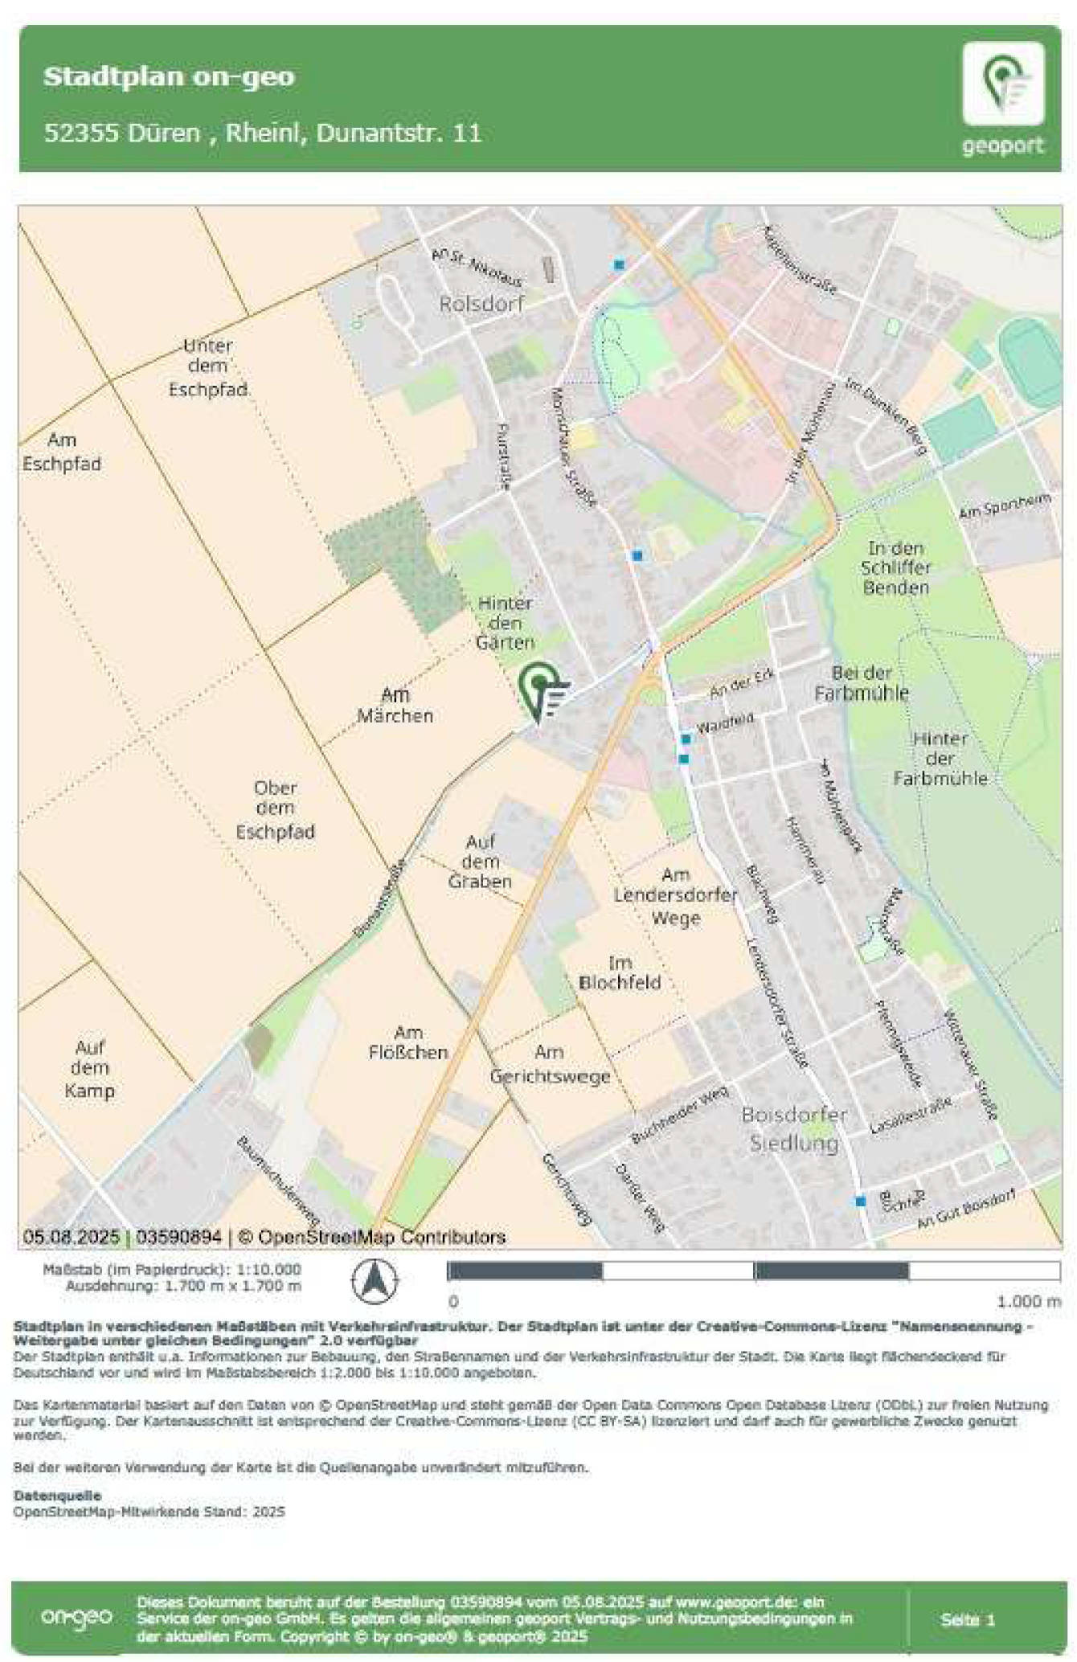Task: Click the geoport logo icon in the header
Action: [x=1003, y=84]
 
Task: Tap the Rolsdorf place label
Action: [x=481, y=304]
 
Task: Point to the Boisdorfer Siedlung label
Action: [x=794, y=1128]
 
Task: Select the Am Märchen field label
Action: [x=395, y=705]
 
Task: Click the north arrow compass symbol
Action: [x=375, y=1280]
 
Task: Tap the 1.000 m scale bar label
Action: [x=1029, y=1301]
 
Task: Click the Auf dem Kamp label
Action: [x=89, y=1069]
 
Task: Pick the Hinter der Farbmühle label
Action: [x=940, y=758]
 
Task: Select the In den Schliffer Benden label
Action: [x=895, y=567]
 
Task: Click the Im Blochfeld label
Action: [x=620, y=972]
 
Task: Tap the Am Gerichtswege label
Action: [x=550, y=1064]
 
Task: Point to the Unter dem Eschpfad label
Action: [x=207, y=367]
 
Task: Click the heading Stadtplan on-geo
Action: [x=169, y=76]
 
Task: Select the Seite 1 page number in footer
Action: [x=968, y=1619]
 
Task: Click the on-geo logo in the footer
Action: [x=76, y=1617]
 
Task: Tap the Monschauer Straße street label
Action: [x=574, y=447]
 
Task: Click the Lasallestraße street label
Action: [x=911, y=1116]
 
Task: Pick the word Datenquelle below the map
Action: [x=57, y=1495]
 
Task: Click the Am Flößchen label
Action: [x=407, y=1042]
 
